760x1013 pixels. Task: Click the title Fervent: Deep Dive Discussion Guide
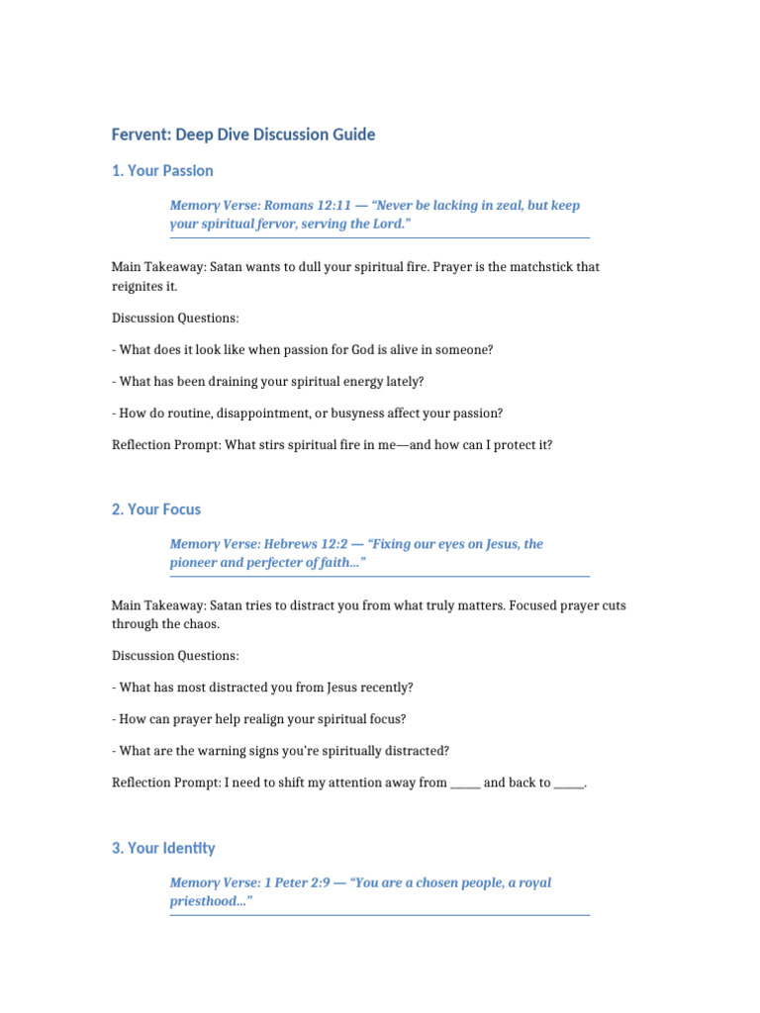click(243, 135)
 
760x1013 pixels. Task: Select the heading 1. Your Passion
click(162, 171)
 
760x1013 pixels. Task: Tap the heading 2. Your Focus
click(156, 509)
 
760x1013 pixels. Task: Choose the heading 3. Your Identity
click(163, 849)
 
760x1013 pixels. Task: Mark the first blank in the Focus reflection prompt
click(465, 783)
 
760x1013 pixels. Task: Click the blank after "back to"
click(569, 783)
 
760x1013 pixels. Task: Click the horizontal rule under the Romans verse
click(379, 238)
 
